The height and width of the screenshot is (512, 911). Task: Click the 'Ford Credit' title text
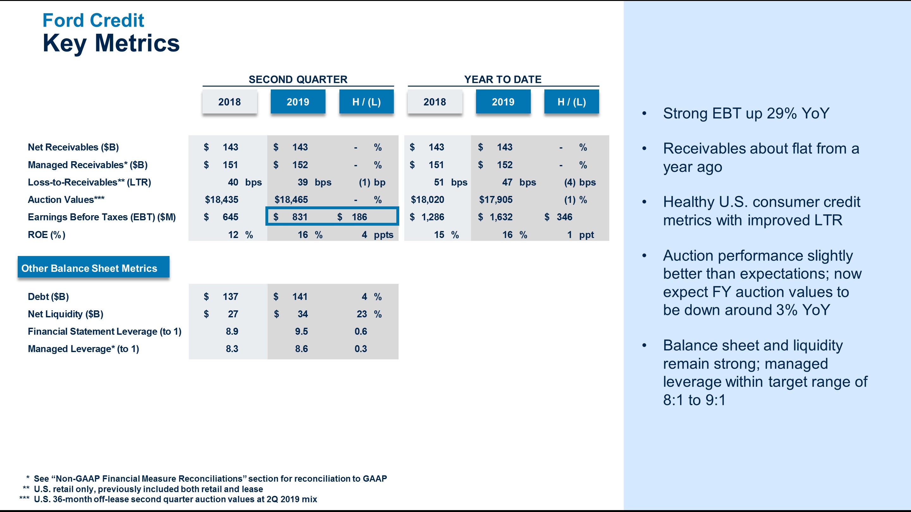point(93,20)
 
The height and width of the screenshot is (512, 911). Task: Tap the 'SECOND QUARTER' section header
point(298,80)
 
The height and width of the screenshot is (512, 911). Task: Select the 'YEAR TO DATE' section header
point(503,80)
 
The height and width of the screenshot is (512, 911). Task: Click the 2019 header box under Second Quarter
point(298,102)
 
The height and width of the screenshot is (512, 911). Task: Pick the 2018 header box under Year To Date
point(435,102)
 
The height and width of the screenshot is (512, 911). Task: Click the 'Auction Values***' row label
point(66,200)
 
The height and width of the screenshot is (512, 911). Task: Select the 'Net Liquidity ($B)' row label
point(65,314)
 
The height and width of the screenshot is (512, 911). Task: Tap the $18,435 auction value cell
point(222,200)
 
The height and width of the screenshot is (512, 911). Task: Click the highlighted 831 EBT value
point(300,217)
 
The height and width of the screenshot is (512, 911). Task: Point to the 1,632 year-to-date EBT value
point(501,217)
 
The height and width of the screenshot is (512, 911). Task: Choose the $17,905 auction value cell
point(495,200)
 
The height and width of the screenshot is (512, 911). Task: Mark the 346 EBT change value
point(564,217)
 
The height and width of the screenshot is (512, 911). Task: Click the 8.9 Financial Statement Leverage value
point(232,332)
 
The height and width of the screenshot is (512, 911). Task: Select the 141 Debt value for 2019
point(300,296)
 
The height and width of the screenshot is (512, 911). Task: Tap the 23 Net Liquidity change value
point(362,314)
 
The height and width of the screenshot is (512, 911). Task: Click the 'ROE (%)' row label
point(46,235)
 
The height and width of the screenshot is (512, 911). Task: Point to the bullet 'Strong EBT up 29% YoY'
point(746,113)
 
